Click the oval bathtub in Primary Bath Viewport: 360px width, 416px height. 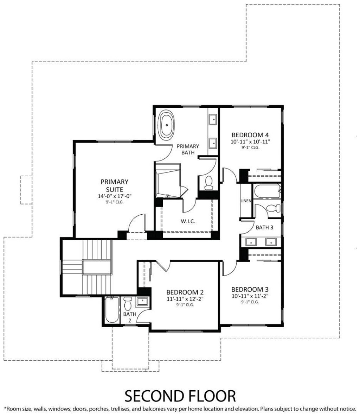(166, 125)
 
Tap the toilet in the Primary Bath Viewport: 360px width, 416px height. (208, 183)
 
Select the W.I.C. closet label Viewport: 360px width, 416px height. (188, 221)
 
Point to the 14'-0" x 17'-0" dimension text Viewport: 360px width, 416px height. (115, 196)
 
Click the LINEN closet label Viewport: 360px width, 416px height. (246, 201)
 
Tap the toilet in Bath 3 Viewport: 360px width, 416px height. (274, 208)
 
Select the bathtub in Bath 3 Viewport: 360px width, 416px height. (267, 191)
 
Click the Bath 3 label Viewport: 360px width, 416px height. (264, 227)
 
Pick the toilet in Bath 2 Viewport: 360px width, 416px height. (128, 303)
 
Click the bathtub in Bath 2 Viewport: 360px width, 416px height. (111, 310)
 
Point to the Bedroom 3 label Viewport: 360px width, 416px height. (250, 289)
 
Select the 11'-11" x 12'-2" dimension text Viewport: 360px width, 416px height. (185, 299)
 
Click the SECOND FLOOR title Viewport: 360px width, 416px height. (180, 396)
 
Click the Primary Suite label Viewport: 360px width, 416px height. (115, 185)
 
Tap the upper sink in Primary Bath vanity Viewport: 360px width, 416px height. (213, 119)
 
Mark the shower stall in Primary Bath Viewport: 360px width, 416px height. (168, 181)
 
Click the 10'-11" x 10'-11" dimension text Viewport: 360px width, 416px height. (250, 142)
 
